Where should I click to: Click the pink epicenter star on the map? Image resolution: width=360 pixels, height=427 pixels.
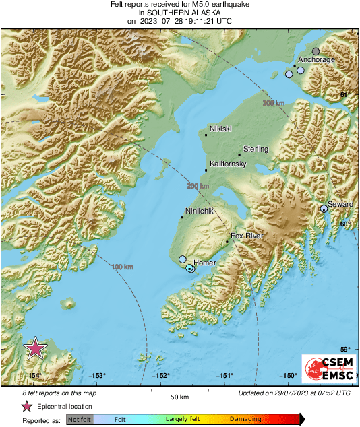tap(35, 348)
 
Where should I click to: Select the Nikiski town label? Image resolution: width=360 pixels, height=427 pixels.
tap(220, 128)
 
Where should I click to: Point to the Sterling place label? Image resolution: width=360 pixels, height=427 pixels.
tap(256, 149)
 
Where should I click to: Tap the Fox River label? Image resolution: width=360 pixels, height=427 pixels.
tap(246, 236)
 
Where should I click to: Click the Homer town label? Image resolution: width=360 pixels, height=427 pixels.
tap(204, 263)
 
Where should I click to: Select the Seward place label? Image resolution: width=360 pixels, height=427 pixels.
tap(340, 203)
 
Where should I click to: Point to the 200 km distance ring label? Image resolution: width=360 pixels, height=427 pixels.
tap(198, 186)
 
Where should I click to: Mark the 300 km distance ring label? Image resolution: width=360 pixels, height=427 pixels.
tap(273, 103)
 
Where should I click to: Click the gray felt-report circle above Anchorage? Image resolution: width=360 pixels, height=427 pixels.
tap(316, 51)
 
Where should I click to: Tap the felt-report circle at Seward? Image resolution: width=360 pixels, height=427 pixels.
tap(324, 209)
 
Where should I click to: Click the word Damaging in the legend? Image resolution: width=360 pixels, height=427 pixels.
tap(245, 419)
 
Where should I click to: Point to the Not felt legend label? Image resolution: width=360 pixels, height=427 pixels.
tap(80, 419)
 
